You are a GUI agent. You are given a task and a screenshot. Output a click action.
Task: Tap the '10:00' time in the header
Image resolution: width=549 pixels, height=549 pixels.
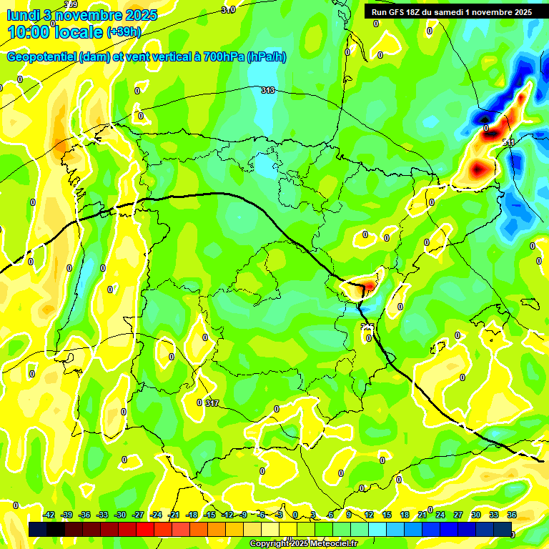tap(28, 32)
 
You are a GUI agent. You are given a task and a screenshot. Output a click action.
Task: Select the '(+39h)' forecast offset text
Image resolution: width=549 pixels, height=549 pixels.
tap(124, 31)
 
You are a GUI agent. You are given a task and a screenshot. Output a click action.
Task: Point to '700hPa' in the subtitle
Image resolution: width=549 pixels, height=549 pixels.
tap(224, 57)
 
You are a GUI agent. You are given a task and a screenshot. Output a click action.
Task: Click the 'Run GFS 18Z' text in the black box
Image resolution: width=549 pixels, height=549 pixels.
tap(396, 11)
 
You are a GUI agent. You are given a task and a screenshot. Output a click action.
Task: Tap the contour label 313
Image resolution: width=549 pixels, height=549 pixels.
tap(268, 90)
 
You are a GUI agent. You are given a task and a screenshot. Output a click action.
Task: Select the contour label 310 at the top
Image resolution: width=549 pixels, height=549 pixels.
tap(228, 9)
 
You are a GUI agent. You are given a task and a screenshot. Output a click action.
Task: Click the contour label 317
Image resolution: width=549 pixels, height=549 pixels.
tap(212, 403)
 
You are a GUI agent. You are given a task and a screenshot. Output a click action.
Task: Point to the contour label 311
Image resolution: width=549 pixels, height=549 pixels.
tap(508, 143)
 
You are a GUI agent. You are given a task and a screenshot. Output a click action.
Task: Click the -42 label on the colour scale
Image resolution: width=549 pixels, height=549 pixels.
tap(49, 515)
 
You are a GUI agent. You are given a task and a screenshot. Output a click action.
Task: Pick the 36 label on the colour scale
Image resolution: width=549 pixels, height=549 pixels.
tap(512, 515)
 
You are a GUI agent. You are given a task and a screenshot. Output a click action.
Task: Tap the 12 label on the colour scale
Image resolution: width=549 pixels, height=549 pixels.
tap(369, 515)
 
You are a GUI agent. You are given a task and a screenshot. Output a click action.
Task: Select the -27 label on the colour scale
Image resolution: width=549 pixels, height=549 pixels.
tap(139, 515)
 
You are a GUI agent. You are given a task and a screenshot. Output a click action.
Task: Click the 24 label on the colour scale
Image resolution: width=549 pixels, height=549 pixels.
tap(440, 515)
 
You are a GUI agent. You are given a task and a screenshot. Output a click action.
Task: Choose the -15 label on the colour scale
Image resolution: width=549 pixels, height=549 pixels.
tap(210, 515)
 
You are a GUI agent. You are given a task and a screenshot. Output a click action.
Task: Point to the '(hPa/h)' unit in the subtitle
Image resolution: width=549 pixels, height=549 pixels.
tap(266, 57)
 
